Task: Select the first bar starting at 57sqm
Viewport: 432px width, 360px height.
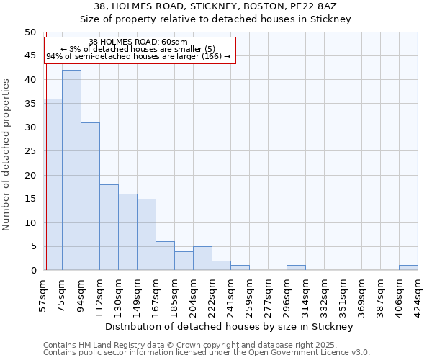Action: coord(53,184)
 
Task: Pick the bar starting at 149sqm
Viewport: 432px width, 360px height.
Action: coord(146,235)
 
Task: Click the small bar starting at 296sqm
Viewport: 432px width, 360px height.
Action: coord(296,268)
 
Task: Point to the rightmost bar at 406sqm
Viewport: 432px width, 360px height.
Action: coord(408,268)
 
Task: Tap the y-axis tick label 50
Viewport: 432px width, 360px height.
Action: coord(30,32)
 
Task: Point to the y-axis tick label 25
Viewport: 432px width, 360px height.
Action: coord(30,151)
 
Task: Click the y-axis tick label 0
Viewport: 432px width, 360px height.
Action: coord(32,271)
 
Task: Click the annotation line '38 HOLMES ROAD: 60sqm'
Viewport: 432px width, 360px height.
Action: coord(138,42)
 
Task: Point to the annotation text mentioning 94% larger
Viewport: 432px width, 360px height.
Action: coord(138,56)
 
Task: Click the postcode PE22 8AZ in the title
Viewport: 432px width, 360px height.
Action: coord(318,6)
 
